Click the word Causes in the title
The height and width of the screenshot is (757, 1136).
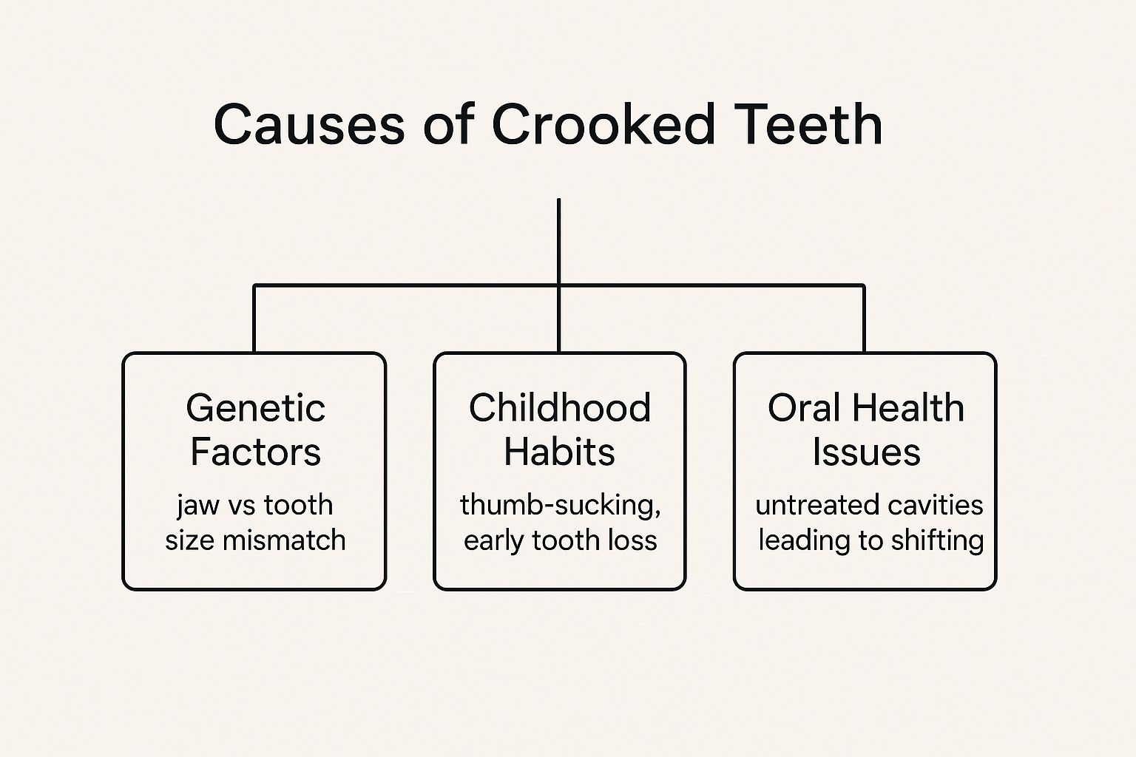click(309, 124)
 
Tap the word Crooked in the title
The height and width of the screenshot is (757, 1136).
click(603, 124)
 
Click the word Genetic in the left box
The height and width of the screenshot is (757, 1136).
click(256, 407)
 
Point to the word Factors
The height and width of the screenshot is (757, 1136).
click(256, 452)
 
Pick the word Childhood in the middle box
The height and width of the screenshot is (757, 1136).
click(559, 407)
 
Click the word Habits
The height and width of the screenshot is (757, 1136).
click(559, 452)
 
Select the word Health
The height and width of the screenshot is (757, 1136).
click(907, 407)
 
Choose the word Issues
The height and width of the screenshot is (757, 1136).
click(866, 452)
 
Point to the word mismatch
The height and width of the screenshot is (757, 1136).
click(284, 540)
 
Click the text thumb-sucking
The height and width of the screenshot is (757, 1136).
click(560, 506)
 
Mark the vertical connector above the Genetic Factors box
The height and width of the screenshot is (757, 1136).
click(254, 319)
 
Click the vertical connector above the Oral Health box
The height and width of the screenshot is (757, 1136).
click(864, 319)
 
